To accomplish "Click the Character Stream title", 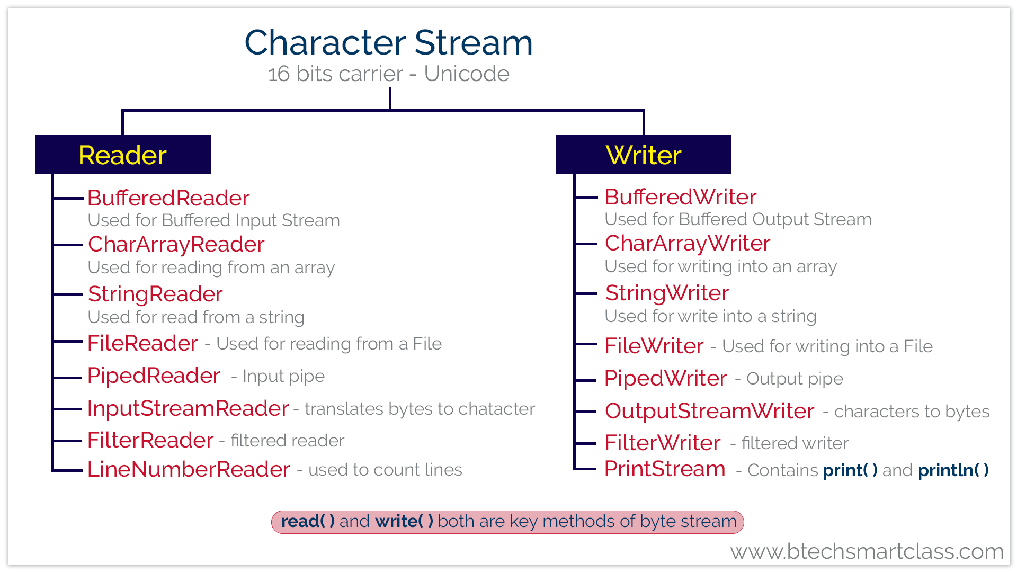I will tap(388, 42).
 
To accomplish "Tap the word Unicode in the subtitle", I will tap(466, 74).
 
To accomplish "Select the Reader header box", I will tap(123, 154).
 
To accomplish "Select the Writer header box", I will tap(643, 154).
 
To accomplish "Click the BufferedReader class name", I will tap(168, 198).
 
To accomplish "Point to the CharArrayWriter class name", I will tap(687, 244).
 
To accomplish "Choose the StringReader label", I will tap(155, 294).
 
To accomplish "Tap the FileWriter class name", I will tap(654, 346).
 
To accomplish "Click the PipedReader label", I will tap(154, 376).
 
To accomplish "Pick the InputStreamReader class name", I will tap(188, 408).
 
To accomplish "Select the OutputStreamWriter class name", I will tap(709, 411).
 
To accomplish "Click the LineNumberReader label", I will tap(189, 469).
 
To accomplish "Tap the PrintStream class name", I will tap(665, 469).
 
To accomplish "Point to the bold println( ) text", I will tap(953, 470).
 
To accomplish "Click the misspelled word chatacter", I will tap(496, 409).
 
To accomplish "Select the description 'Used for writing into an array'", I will tap(720, 266).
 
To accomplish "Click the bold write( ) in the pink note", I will tap(404, 521).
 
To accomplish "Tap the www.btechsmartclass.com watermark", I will tap(867, 551).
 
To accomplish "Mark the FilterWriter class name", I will tap(662, 443).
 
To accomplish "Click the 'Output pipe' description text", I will tap(795, 379).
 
